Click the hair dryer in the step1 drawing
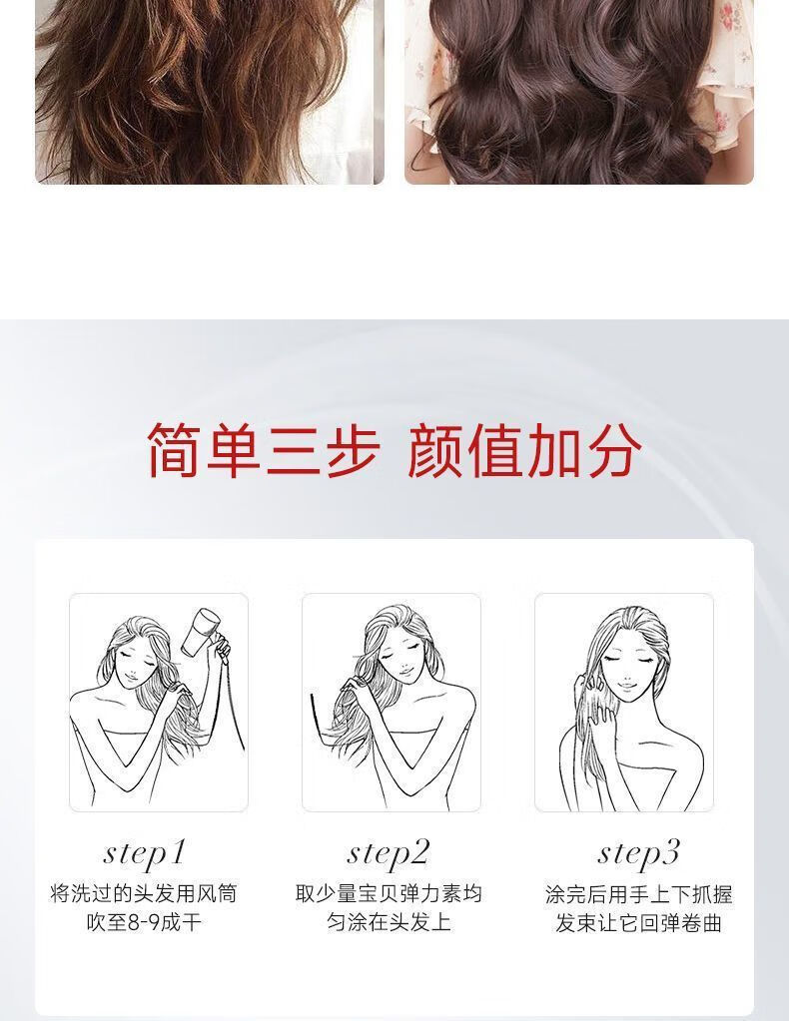point(199,632)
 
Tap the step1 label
point(145,853)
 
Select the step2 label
point(389,853)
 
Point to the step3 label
point(638,853)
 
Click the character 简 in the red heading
point(174,449)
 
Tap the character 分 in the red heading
point(612,449)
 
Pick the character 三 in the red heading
point(293,449)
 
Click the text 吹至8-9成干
point(144,922)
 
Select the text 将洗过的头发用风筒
point(144,893)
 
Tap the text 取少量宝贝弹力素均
point(389,893)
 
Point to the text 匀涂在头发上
point(389,922)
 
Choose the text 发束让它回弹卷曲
point(638,923)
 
